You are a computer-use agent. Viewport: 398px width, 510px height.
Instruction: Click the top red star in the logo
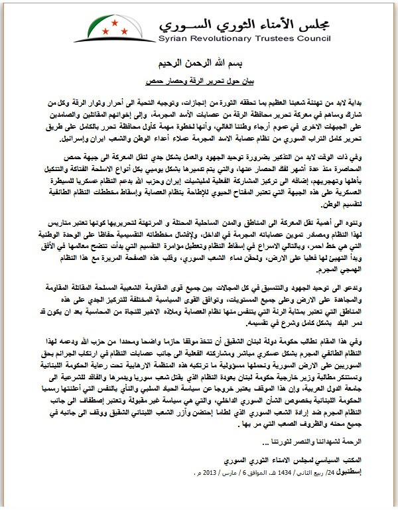(x=116, y=21)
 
